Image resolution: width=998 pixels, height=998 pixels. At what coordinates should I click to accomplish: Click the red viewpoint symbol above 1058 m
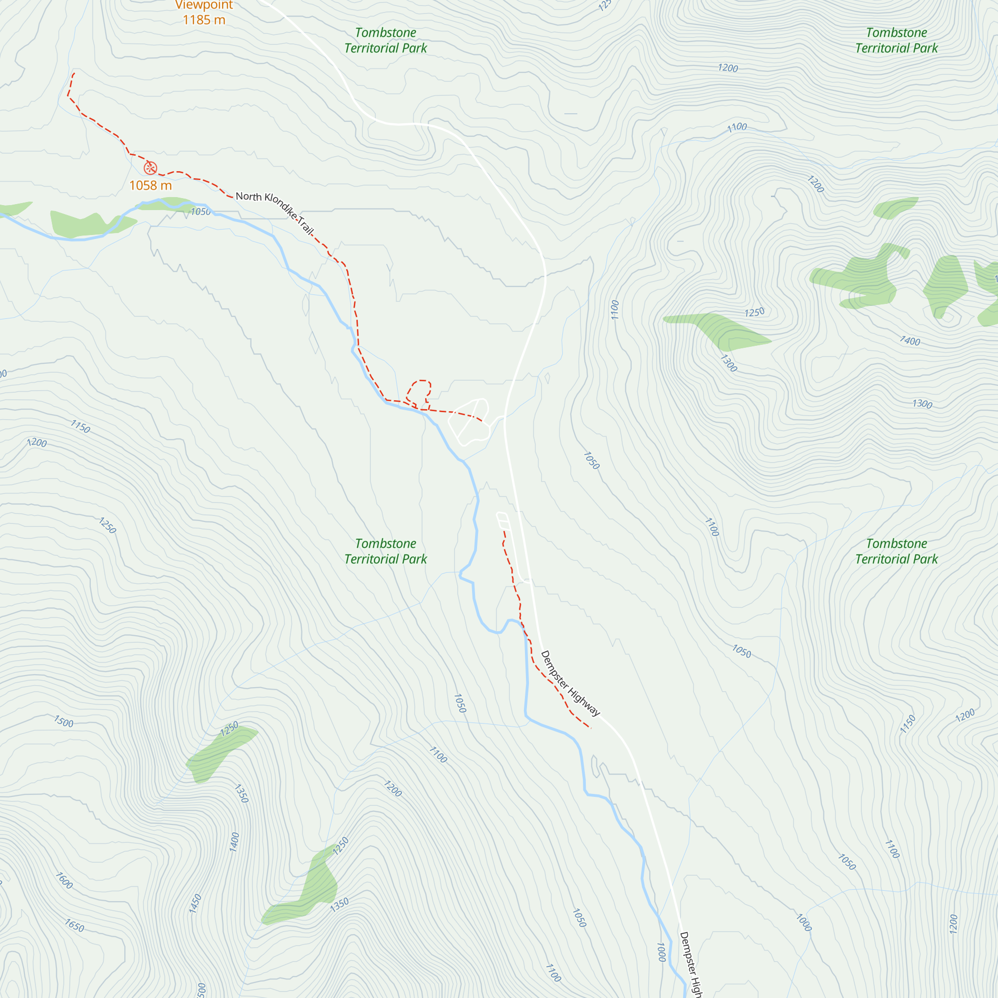tap(150, 168)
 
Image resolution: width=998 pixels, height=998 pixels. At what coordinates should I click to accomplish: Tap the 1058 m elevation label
tap(150, 186)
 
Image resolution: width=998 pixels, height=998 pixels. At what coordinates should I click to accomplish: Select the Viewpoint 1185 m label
tap(204, 12)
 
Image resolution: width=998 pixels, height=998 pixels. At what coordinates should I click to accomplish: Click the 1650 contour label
tap(74, 925)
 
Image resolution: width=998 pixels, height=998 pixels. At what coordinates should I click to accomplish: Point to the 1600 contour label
tap(64, 881)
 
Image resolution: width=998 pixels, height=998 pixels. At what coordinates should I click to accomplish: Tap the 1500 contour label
tap(63, 722)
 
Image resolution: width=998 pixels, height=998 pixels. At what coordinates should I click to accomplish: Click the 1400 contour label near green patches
tap(910, 341)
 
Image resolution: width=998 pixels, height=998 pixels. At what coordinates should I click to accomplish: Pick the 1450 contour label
tap(195, 904)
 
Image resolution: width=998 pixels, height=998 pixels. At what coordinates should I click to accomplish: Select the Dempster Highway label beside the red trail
tap(570, 684)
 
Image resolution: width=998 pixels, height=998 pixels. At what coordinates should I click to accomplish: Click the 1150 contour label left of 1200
tap(80, 427)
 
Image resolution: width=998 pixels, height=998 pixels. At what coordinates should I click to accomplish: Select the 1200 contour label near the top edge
tap(728, 68)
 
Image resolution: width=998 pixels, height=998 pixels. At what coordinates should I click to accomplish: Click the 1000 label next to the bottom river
tap(661, 952)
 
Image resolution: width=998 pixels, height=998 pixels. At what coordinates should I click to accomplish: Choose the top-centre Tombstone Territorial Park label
tap(385, 40)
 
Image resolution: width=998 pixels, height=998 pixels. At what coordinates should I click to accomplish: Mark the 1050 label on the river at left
tap(201, 212)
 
